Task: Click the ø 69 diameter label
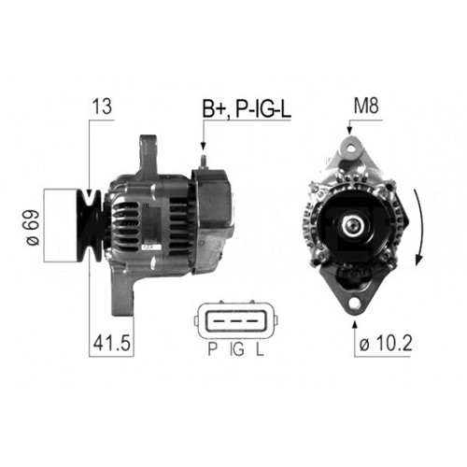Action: [35, 227]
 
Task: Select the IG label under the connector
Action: [237, 351]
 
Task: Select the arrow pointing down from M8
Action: [351, 131]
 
